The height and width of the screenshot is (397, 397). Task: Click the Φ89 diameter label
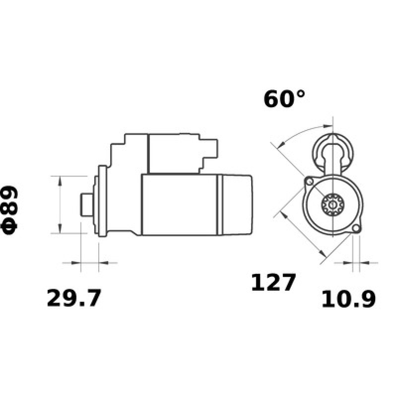pos(11,210)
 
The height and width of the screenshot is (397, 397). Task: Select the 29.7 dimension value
pos(74,298)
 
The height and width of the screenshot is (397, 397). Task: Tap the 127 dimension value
pos(273,282)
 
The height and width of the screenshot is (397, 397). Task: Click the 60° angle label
pos(284,99)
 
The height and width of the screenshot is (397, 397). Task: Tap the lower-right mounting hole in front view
pos(355,229)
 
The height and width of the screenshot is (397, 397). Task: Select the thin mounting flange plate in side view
pos(103,204)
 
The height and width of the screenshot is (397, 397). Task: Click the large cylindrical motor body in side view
pos(179,204)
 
